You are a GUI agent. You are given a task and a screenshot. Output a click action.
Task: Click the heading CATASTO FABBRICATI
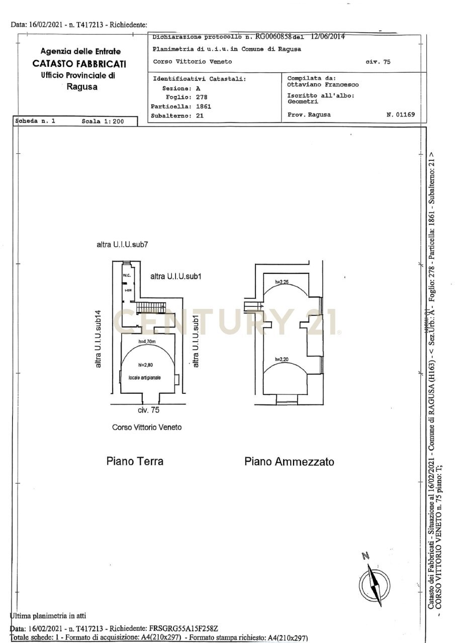point(79,64)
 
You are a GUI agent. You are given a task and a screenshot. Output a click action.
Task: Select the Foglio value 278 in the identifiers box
point(202,97)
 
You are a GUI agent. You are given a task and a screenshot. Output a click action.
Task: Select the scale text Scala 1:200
point(103,122)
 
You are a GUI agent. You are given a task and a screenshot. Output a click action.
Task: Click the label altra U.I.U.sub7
point(122,245)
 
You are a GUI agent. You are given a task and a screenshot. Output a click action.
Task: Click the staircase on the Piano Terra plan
point(151,306)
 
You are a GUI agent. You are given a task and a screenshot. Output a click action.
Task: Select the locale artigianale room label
point(145,377)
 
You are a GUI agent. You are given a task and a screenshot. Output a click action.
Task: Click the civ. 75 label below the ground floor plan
point(148,410)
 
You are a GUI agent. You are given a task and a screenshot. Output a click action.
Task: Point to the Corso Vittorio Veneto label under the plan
point(147,427)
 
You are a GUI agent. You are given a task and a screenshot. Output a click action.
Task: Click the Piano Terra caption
point(135,461)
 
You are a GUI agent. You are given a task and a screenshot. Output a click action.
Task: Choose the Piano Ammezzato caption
point(289,462)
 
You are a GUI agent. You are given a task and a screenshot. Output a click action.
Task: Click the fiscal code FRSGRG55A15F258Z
point(184,628)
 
